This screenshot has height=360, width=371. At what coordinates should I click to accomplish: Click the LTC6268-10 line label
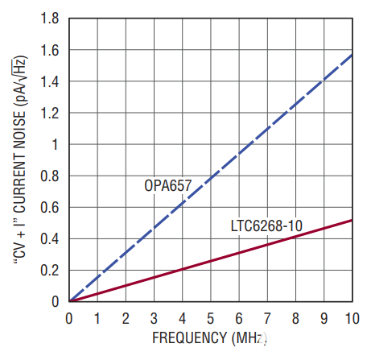[266, 226]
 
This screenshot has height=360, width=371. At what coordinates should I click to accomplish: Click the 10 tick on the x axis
[352, 317]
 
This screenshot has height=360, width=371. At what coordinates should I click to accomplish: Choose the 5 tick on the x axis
[211, 317]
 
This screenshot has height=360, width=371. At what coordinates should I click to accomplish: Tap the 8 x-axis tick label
[295, 317]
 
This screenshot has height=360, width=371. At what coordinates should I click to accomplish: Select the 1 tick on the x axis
[98, 317]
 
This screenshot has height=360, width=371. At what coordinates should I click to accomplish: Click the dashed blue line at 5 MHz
[211, 176]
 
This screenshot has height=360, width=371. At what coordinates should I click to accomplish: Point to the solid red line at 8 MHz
[295, 235]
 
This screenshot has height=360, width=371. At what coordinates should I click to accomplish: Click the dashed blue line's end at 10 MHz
[352, 54]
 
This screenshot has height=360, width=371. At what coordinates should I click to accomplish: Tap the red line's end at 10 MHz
[352, 220]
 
